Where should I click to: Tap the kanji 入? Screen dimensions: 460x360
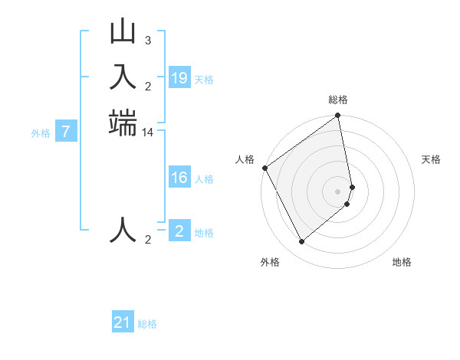point(123,77)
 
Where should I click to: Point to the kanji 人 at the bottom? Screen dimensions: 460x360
point(123,229)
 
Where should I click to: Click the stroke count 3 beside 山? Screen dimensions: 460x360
point(148,40)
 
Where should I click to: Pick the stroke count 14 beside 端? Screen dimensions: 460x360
point(148,133)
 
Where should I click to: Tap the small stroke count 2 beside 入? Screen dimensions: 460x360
point(148,85)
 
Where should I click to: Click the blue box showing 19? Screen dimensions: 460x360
point(179,78)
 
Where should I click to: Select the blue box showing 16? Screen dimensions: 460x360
point(179,178)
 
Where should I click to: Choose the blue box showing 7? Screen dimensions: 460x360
point(66,132)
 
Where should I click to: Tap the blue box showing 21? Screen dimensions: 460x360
point(123,323)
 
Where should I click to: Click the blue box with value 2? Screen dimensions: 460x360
point(179,231)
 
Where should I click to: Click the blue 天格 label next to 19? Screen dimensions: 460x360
point(204,79)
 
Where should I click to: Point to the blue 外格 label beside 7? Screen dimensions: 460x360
point(41,133)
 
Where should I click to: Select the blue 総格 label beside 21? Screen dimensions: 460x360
point(147,324)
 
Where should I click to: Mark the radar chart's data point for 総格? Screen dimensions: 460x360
point(338,116)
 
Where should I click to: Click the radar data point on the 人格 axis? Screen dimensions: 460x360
point(264,168)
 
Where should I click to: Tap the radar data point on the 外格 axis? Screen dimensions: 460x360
point(302,242)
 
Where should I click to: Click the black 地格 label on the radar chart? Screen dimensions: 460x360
point(402,262)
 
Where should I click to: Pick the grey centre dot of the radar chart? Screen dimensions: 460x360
point(338,191)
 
